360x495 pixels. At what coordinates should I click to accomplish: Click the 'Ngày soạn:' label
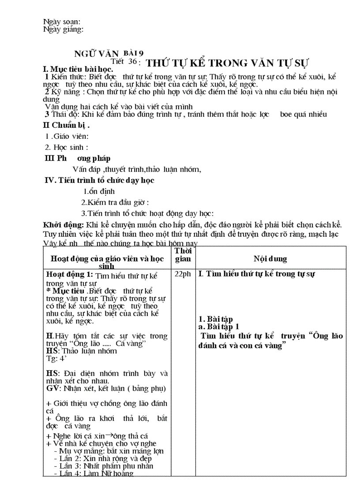(x=61, y=22)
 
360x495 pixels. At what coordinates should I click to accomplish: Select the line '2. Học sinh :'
(x=67, y=147)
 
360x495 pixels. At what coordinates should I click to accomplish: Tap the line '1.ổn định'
(x=99, y=191)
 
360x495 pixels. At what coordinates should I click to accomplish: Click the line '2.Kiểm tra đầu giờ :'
(x=115, y=202)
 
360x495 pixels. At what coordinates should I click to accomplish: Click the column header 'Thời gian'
(x=183, y=255)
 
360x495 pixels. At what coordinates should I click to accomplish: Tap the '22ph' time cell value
(x=183, y=274)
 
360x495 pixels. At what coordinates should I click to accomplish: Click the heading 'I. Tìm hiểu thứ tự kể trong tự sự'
(x=257, y=274)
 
